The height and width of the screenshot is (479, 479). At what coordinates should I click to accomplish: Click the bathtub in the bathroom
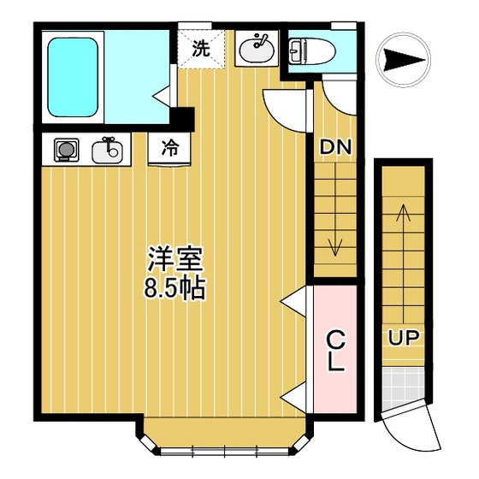click(x=73, y=77)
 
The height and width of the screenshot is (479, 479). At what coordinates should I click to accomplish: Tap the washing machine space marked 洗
click(x=201, y=49)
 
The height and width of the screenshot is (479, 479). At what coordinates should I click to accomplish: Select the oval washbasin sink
click(x=257, y=48)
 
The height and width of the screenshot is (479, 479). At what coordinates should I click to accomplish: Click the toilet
click(x=311, y=51)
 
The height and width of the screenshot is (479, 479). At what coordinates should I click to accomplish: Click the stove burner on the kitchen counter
click(x=67, y=150)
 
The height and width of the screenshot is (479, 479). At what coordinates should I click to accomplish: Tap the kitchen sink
click(x=107, y=151)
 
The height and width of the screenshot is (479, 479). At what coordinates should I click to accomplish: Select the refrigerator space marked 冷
click(x=169, y=150)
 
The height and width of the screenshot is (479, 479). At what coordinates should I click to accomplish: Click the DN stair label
click(x=335, y=147)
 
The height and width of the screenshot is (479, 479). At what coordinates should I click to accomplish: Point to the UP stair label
click(x=404, y=338)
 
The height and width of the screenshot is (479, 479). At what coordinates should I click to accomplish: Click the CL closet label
click(x=336, y=351)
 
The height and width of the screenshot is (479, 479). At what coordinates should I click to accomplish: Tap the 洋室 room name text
click(x=175, y=258)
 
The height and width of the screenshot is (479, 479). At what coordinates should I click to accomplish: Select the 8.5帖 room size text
click(x=174, y=287)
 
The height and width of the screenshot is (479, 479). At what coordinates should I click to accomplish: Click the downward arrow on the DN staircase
click(x=335, y=210)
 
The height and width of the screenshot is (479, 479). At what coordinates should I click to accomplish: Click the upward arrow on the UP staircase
click(x=404, y=263)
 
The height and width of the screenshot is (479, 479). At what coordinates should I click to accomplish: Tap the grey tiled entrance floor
click(x=404, y=388)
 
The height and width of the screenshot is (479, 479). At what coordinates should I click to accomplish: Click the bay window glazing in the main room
click(x=224, y=451)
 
